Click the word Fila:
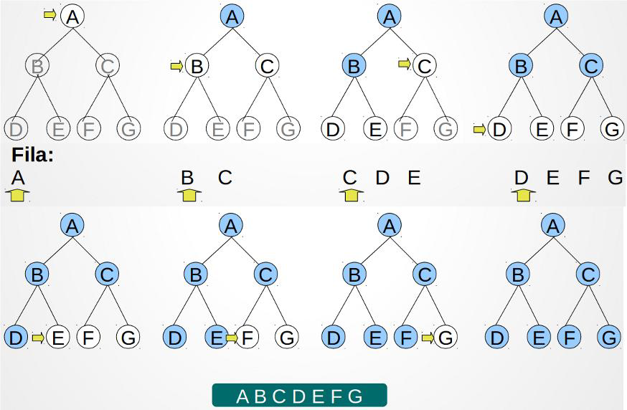pos(33,155)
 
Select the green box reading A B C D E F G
pos(299,396)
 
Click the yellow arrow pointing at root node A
pos(49,14)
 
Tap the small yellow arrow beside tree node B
pos(176,67)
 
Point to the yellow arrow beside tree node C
pos(405,65)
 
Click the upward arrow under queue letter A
pos(18,194)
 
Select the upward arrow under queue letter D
pos(522,194)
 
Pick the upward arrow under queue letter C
pos(350,194)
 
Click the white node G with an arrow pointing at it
pos(445,337)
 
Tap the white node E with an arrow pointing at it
pos(57,337)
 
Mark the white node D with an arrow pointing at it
pos(499,130)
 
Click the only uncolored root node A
pos(72,16)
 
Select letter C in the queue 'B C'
pos(225,178)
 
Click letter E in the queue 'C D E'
pos(414,178)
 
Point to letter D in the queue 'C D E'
pos(382,178)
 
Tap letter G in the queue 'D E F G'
pos(615,178)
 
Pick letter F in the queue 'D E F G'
pos(584,178)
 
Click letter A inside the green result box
pos(243,396)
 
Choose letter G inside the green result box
pos(356,396)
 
